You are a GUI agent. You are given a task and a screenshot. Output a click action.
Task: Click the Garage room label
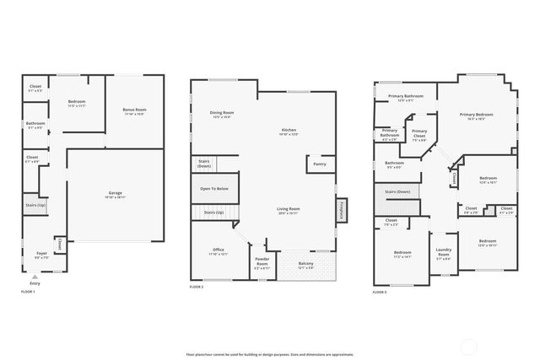[x=115, y=193]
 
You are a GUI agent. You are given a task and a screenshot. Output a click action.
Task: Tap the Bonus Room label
[x=134, y=110]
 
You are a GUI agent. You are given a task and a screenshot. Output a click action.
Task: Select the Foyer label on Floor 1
[x=41, y=253]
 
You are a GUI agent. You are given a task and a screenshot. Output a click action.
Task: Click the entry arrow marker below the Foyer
[x=35, y=276]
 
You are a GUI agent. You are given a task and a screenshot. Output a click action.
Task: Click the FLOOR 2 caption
[x=197, y=287]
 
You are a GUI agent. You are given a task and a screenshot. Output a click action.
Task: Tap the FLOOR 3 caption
[x=380, y=292]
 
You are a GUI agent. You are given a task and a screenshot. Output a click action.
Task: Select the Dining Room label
[x=223, y=113]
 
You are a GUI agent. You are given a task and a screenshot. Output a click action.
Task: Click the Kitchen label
[x=289, y=131]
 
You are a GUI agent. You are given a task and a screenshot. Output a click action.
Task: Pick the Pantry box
[x=320, y=164]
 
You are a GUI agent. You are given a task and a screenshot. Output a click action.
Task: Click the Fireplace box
[x=341, y=210]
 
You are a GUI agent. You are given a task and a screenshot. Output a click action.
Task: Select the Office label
[x=218, y=250]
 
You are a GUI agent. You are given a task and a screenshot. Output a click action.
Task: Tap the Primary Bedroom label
[x=477, y=115]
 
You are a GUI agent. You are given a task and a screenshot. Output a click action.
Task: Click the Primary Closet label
[x=419, y=136]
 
